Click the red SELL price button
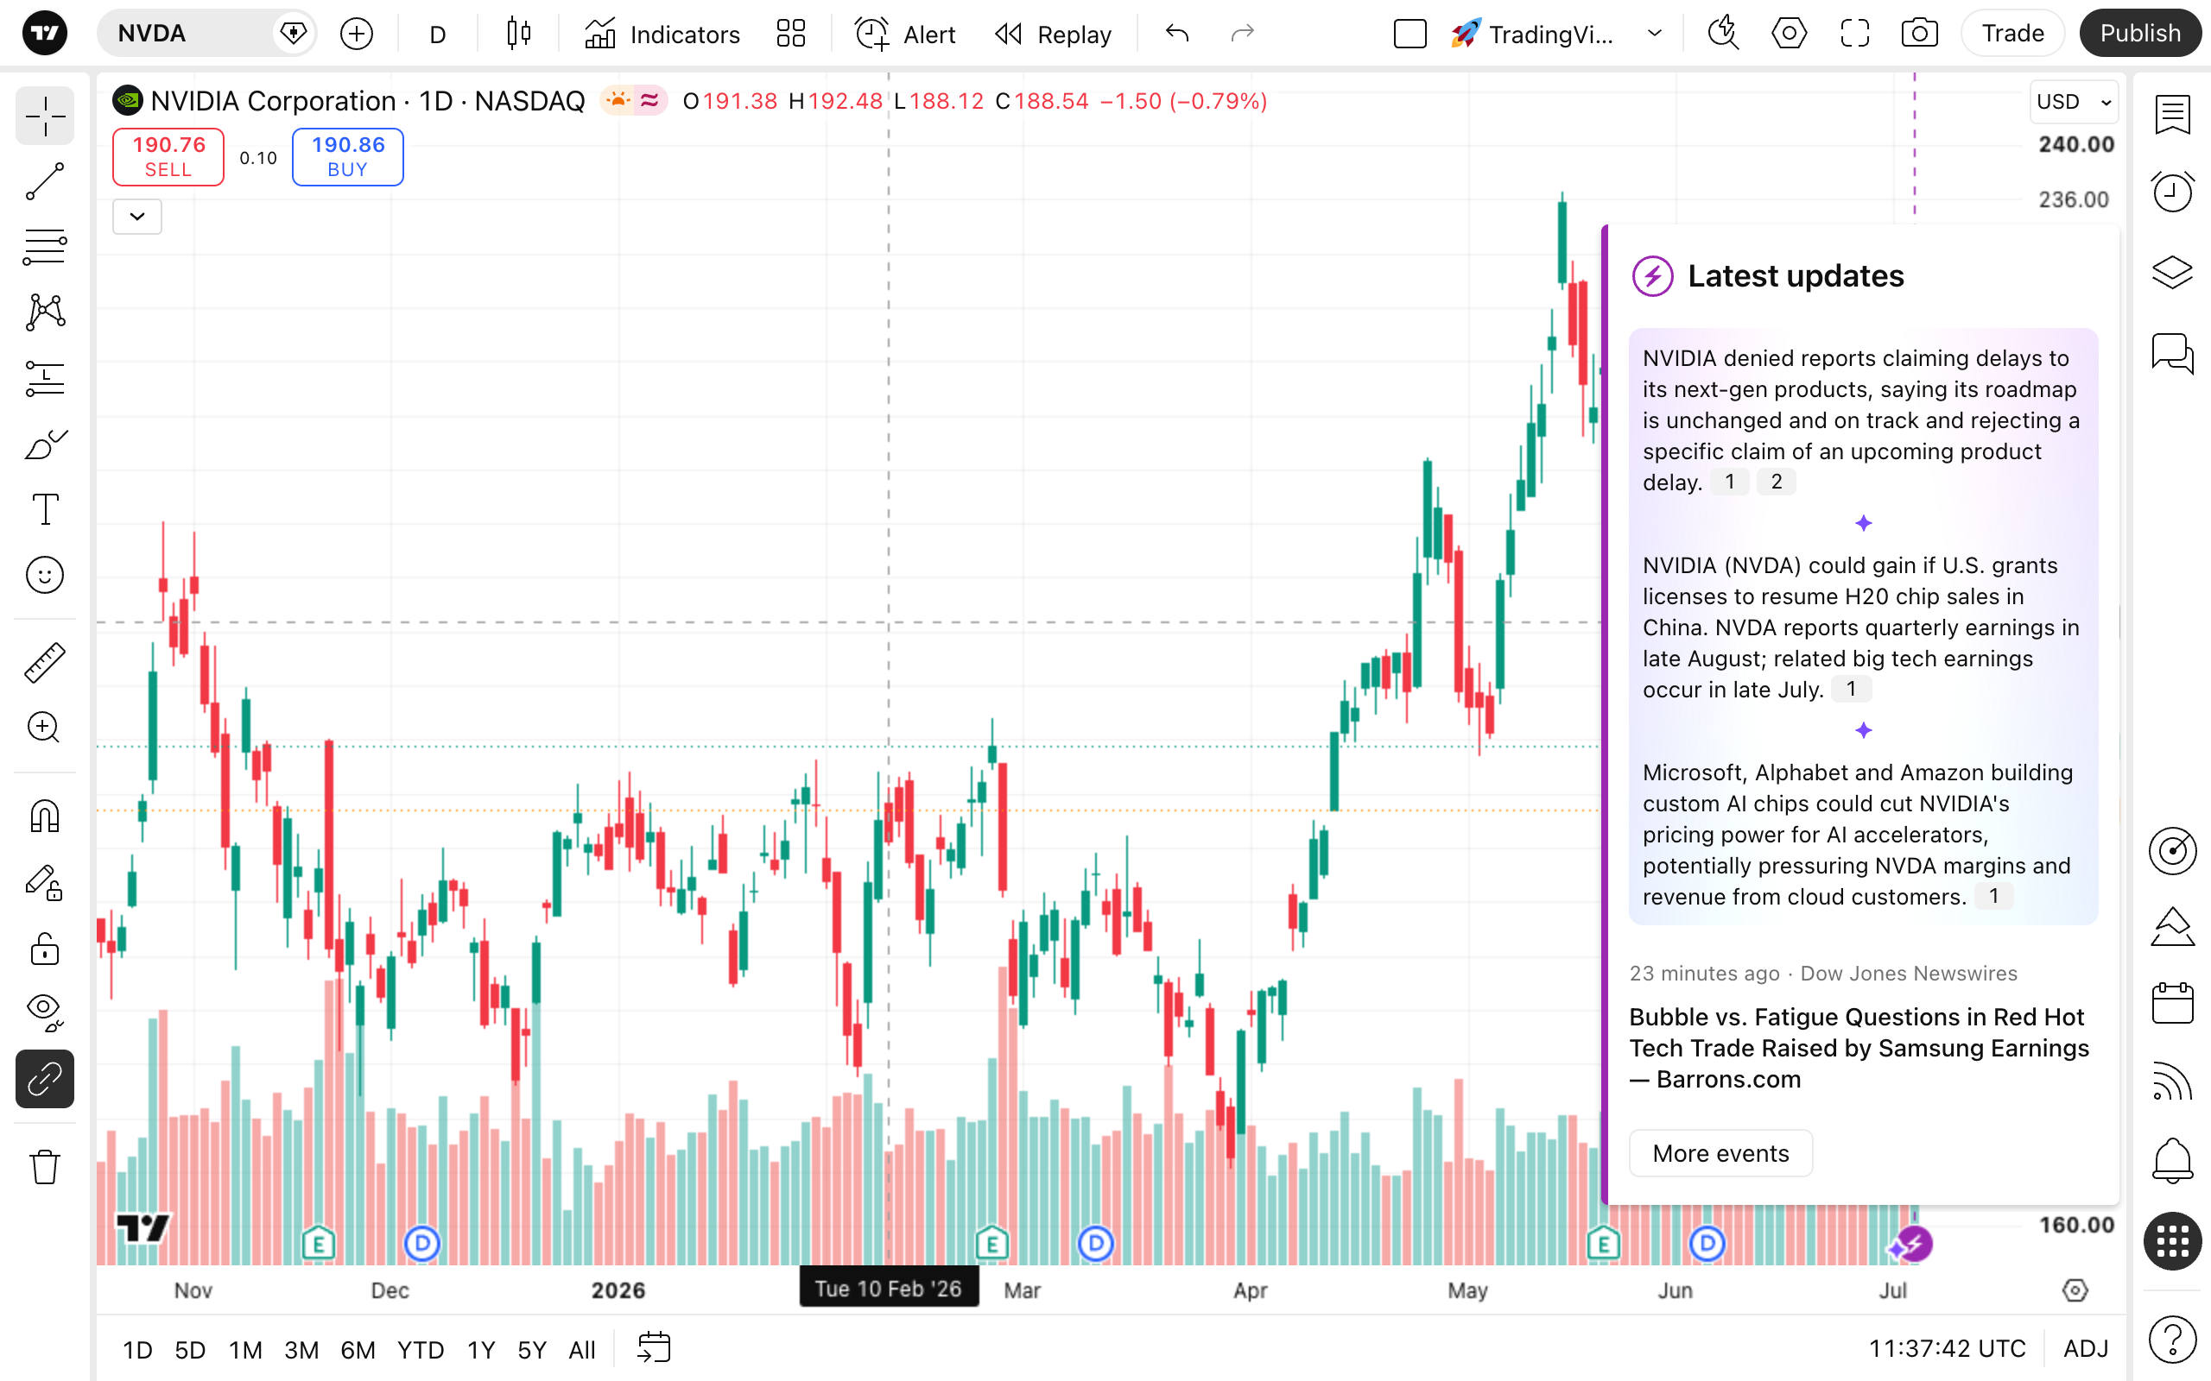point(168,157)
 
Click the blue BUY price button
point(347,157)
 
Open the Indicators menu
point(662,34)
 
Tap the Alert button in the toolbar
point(904,34)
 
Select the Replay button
point(1053,34)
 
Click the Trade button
point(2011,34)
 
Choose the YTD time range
point(421,1350)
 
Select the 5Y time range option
point(532,1350)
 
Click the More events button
point(1720,1154)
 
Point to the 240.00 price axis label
point(2075,144)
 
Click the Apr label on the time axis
point(1250,1290)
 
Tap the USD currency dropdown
point(2073,101)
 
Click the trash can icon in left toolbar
point(45,1166)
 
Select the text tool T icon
point(45,509)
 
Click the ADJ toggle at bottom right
point(2085,1348)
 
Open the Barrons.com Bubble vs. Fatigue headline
point(1859,1048)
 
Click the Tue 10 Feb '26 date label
point(888,1289)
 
